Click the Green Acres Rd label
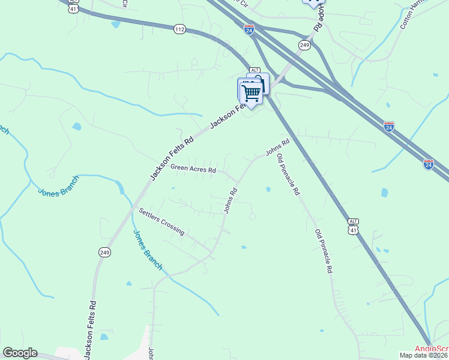pyautogui.click(x=193, y=169)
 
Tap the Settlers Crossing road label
pyautogui.click(x=161, y=221)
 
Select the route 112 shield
pyautogui.click(x=179, y=28)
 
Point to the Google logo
pyautogui.click(x=20, y=353)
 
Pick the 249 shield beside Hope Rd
pyautogui.click(x=305, y=45)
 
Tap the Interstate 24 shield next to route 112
pyautogui.click(x=250, y=28)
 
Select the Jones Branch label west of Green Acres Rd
pyautogui.click(x=59, y=185)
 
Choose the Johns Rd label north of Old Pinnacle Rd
pyautogui.click(x=278, y=147)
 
